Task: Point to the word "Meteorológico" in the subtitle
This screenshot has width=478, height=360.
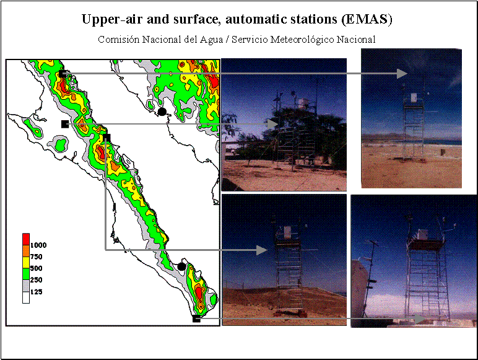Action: (302, 40)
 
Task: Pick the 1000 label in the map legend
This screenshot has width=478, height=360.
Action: (38, 245)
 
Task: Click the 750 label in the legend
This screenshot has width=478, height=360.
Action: (36, 257)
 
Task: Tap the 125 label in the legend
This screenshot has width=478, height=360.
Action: (36, 292)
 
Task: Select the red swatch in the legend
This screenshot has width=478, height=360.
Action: (26, 239)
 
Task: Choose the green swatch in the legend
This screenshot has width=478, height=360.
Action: (26, 274)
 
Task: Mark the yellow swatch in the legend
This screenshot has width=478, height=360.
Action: (26, 262)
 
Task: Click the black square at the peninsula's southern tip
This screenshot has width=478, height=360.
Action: (196, 318)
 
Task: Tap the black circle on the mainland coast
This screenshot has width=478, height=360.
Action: (162, 112)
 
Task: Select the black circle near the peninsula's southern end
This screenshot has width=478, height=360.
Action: (181, 266)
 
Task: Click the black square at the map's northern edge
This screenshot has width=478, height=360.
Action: (62, 74)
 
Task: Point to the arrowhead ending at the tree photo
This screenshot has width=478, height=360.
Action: (272, 124)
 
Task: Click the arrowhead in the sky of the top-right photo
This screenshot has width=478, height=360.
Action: (402, 74)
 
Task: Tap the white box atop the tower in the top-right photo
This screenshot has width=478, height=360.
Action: (414, 98)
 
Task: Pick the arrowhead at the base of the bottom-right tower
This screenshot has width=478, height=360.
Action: (420, 319)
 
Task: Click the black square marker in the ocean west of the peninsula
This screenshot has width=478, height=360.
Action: (65, 124)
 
